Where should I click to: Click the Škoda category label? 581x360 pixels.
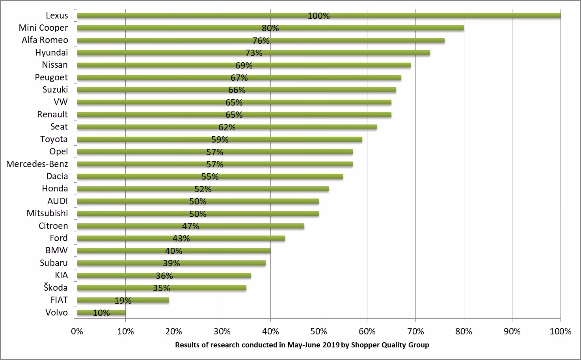[x=56, y=288]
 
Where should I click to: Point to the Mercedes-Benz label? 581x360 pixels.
[x=37, y=164]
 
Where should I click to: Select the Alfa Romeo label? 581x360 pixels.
[x=45, y=40]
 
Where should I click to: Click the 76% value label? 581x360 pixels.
[x=261, y=41]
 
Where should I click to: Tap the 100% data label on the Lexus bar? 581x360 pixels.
[x=318, y=16]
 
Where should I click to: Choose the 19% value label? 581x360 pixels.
[x=123, y=301]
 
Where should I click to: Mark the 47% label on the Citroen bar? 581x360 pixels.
[x=191, y=226]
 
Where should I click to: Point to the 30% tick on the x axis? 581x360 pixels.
[x=222, y=331]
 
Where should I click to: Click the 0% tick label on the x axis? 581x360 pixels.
[x=77, y=331]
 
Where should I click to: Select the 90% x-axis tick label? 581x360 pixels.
[x=512, y=331]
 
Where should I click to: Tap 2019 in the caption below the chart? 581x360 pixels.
[x=330, y=345]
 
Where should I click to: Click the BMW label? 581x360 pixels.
[x=56, y=251]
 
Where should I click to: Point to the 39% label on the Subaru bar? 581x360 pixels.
[x=171, y=264]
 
